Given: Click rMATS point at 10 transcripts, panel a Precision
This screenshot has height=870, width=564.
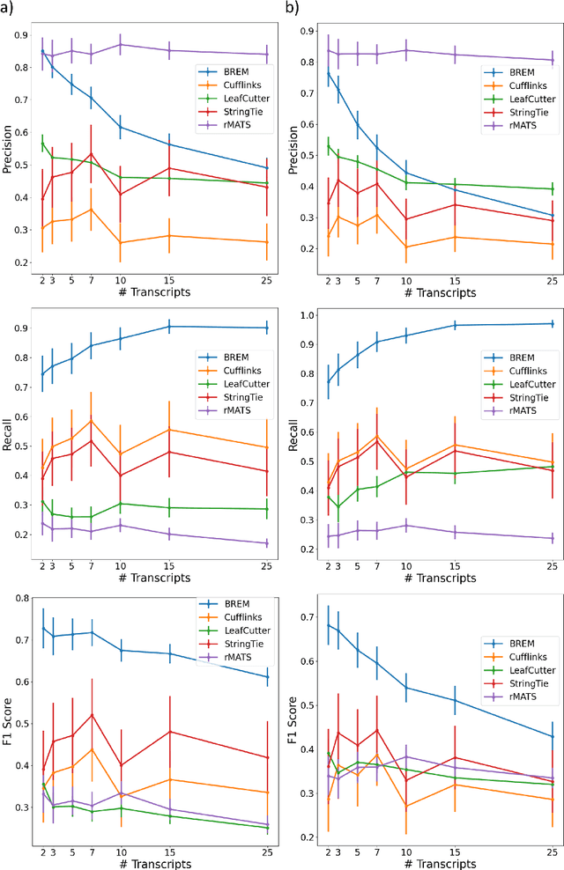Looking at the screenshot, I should pos(120,44).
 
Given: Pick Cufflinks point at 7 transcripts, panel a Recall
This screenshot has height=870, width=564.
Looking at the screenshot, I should pos(92,421).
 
